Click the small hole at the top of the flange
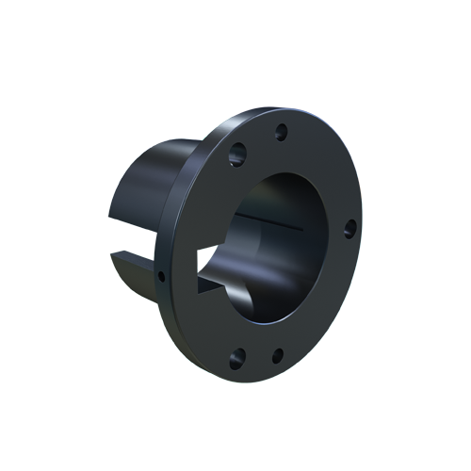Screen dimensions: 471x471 pos(280,131)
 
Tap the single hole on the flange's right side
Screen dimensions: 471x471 pos(349,228)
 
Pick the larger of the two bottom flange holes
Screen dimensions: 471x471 pos(237,357)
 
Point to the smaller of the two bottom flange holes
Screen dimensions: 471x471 pos(277,356)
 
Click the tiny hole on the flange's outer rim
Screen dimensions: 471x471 pos(162,277)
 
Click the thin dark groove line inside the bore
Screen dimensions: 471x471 pos(273,222)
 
